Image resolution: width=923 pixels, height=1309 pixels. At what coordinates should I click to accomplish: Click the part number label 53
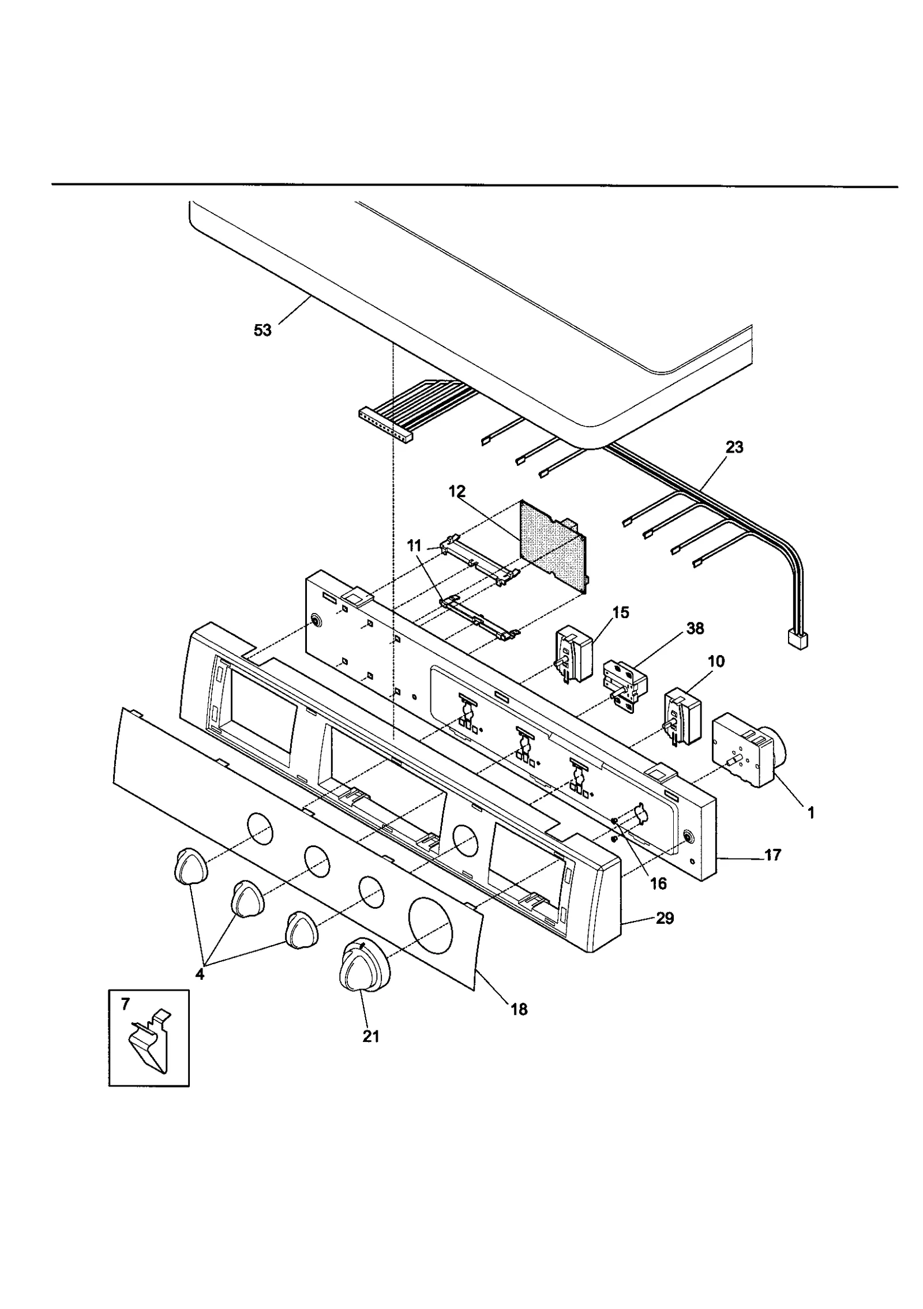click(262, 330)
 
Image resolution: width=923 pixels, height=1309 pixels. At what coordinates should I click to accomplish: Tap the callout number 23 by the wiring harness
click(734, 447)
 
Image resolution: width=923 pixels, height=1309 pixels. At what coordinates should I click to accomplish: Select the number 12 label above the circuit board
click(456, 492)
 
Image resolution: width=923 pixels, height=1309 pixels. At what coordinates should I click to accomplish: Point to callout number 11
click(414, 546)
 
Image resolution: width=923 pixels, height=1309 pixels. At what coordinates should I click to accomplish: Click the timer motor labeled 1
click(747, 750)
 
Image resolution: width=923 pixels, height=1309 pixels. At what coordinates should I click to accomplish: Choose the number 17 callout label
click(772, 855)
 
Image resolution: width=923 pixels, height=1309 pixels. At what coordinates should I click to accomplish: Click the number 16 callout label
click(658, 883)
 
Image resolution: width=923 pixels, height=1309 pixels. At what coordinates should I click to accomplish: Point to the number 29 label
click(665, 917)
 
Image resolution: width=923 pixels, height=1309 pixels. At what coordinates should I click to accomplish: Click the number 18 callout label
click(519, 1009)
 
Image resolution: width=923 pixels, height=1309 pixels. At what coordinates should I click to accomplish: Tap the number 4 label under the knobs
click(200, 973)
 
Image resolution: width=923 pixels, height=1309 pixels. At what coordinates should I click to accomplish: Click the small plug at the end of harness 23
click(797, 640)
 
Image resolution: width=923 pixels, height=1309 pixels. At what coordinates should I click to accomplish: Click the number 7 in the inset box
click(126, 1004)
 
